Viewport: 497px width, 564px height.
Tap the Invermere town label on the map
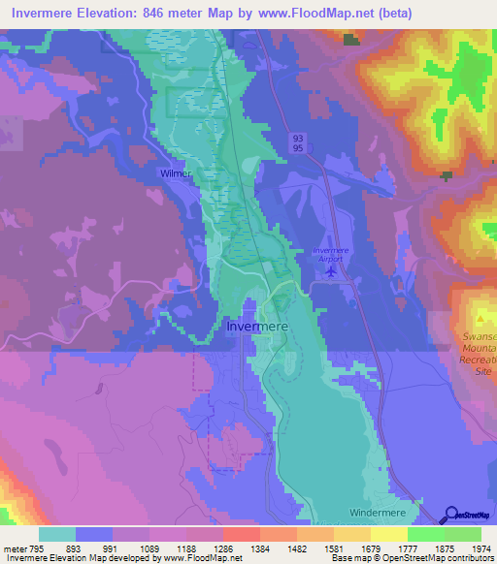[256, 328]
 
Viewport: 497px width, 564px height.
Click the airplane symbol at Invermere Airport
[330, 269]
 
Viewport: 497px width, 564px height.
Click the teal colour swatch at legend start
[57, 534]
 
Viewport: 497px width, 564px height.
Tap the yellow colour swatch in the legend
[388, 534]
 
